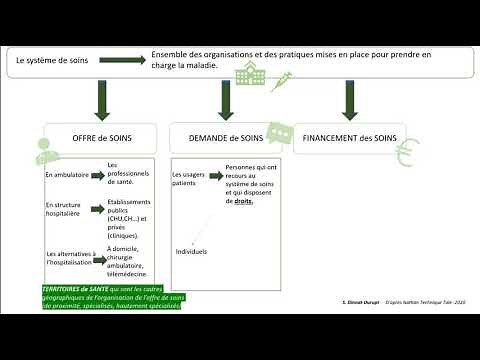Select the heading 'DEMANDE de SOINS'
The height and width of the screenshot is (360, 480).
point(223,138)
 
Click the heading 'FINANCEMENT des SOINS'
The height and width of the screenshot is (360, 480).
point(350,138)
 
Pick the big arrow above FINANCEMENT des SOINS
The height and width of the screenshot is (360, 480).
point(349,100)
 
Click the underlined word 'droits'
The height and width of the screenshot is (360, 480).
point(244,200)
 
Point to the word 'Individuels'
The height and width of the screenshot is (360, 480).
point(191,251)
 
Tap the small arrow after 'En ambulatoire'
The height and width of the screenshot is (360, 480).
point(99,173)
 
